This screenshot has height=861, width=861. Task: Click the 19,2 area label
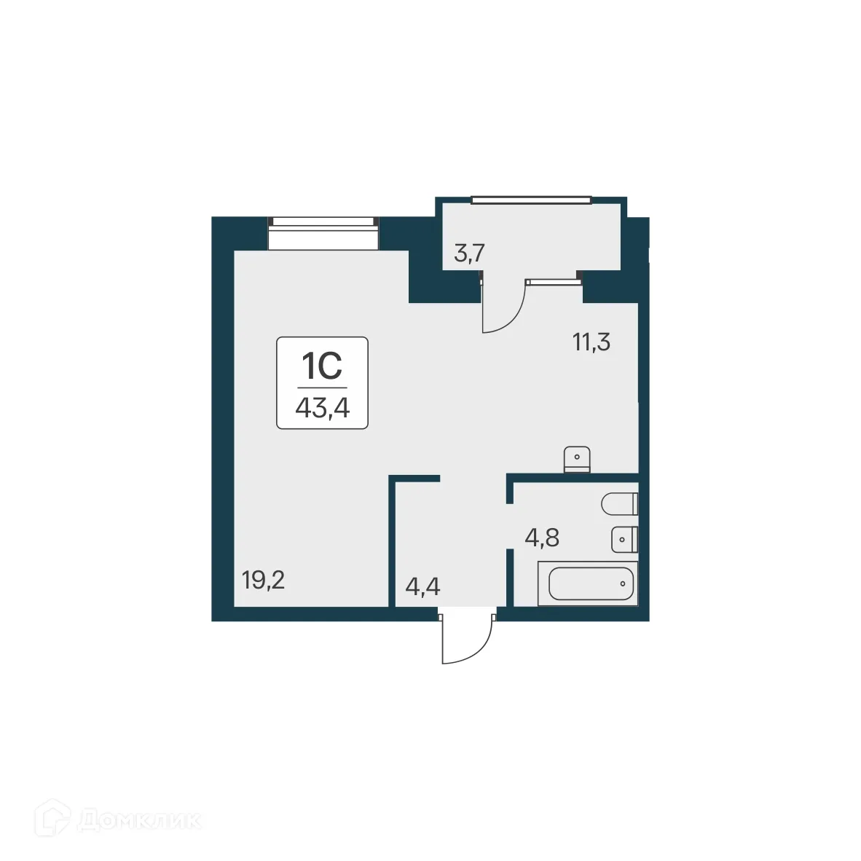[x=263, y=581]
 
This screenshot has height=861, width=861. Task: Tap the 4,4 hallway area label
[x=422, y=586]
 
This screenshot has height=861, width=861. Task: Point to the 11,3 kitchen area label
[x=591, y=342]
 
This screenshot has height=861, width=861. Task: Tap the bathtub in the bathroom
[x=587, y=583]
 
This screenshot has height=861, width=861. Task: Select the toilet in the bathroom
[x=619, y=503]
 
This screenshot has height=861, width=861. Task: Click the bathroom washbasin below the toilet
[x=624, y=539]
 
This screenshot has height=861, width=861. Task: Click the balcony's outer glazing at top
[x=530, y=199]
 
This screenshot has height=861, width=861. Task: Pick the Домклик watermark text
[x=138, y=821]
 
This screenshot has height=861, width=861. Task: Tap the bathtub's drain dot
[x=624, y=583]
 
